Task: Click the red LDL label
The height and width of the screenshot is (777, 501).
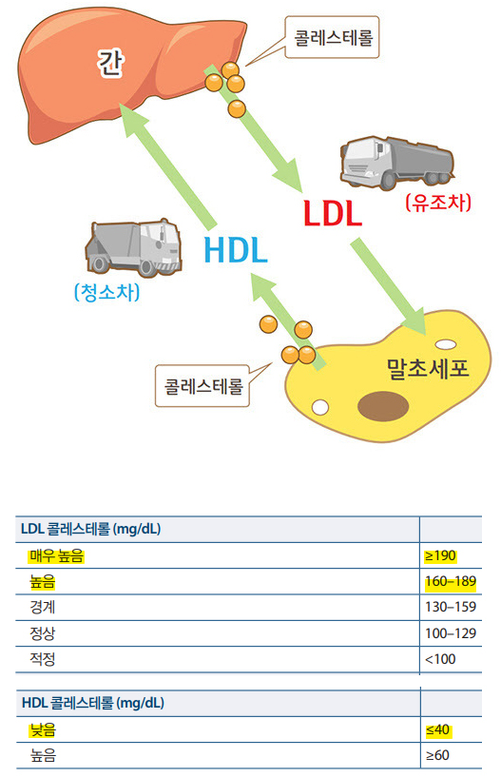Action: [333, 213]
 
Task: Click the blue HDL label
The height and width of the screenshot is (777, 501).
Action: [236, 250]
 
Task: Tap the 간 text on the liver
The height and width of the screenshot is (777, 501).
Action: [110, 63]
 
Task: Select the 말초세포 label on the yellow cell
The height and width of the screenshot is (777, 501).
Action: [428, 368]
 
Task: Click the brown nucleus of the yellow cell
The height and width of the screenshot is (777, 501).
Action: [383, 405]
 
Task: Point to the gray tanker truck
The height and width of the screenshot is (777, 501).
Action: [397, 163]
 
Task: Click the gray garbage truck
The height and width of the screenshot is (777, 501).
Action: [134, 247]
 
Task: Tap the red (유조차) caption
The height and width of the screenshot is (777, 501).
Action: [438, 203]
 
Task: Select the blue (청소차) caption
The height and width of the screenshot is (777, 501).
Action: [107, 292]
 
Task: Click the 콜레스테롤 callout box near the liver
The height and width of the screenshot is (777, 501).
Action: [332, 37]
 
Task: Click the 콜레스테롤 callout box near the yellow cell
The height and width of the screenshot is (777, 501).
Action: [202, 386]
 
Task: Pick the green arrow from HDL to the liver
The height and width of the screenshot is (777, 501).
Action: [168, 165]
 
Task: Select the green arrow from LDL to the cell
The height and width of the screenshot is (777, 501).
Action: [389, 286]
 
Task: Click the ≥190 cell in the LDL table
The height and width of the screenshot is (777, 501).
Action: [440, 555]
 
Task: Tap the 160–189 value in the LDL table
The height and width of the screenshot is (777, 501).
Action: [451, 581]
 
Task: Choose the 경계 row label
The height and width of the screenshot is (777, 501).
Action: [43, 607]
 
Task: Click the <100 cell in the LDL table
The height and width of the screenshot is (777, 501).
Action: [440, 659]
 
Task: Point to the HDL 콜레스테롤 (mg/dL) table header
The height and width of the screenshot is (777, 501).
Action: [92, 703]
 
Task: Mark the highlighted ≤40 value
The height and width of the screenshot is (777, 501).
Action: [437, 729]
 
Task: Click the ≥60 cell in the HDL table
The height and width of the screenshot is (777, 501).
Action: [437, 755]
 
